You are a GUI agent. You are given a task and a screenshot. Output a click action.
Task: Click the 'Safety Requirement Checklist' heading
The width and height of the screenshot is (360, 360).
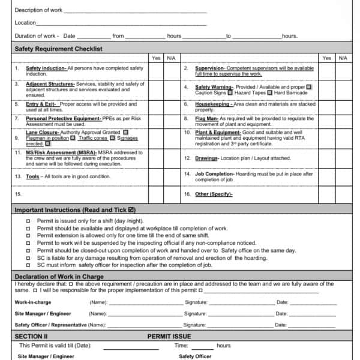pos(58,49)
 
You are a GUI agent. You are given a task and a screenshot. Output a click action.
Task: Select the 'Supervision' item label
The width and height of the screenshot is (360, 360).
pos(210,68)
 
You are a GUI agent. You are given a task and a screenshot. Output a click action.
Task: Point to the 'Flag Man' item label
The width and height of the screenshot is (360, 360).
pos(207,119)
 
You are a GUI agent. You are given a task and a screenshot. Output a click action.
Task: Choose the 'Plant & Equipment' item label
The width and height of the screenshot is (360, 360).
pos(217,132)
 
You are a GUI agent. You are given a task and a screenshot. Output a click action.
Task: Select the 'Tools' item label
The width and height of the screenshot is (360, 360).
pos(33,177)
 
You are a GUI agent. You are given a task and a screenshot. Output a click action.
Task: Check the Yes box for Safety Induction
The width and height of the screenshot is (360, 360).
pos(156,71)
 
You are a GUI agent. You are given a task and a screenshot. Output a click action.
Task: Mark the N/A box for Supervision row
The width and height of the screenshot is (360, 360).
pos(343,71)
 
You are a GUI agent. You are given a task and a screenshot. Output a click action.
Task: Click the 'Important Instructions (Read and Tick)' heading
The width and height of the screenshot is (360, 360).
pos(75,210)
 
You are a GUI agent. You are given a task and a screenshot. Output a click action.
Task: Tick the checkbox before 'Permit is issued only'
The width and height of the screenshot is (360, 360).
pos(28,221)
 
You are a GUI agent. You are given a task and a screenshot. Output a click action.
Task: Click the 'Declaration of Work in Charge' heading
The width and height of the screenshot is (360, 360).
pos(59,277)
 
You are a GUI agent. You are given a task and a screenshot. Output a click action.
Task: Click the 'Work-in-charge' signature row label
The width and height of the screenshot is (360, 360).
pos(34,302)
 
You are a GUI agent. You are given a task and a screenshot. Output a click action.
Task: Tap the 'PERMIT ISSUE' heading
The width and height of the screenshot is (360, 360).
pos(169,337)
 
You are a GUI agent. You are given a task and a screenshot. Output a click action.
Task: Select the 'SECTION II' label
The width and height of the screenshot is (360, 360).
pos(31,337)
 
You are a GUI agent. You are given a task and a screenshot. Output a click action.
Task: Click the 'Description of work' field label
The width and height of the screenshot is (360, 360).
pos(38,10)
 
